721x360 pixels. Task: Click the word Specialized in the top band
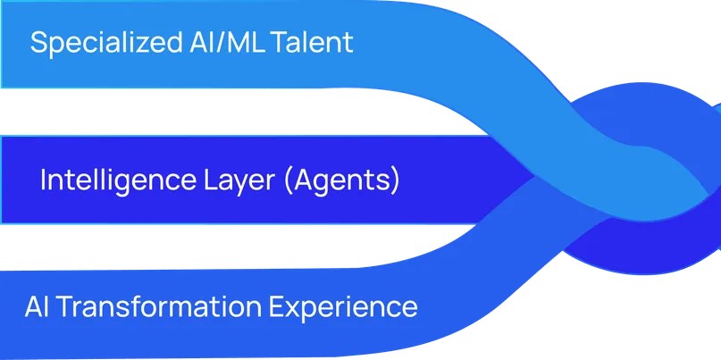(106, 43)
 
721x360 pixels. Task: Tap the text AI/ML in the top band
(227, 42)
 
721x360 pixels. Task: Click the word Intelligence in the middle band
(118, 180)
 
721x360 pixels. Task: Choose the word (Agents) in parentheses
(341, 181)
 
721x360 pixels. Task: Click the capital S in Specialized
(38, 43)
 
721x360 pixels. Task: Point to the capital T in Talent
(280, 43)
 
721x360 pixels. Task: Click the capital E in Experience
(277, 306)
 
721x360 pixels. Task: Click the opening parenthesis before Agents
(289, 181)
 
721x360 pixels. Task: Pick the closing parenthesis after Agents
(395, 181)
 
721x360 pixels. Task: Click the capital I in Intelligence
(43, 180)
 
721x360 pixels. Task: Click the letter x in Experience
(293, 309)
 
